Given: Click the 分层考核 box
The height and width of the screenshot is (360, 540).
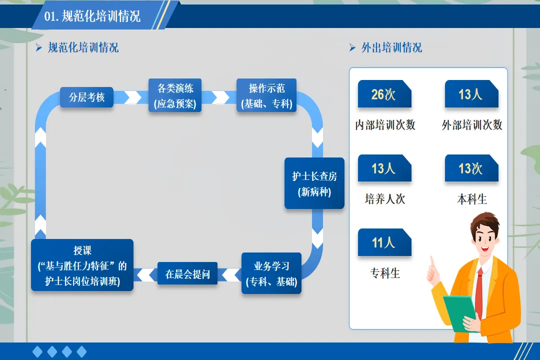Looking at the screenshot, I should [x=87, y=97].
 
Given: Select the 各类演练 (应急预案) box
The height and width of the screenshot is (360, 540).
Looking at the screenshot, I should [x=175, y=95].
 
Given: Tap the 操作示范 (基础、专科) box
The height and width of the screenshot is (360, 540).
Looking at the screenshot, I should [x=267, y=95].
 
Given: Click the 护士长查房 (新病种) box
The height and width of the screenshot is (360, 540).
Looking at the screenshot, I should [x=314, y=183].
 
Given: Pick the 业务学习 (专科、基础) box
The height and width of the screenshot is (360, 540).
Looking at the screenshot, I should [x=271, y=273].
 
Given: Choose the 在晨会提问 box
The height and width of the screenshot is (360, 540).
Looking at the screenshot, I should [x=187, y=274].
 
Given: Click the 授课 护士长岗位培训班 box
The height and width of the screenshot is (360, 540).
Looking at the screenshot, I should [x=82, y=265].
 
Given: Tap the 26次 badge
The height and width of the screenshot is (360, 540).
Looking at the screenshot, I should [x=384, y=94].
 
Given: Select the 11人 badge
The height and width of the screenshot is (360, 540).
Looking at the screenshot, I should [x=384, y=243].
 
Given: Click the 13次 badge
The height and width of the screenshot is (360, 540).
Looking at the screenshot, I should [x=471, y=168].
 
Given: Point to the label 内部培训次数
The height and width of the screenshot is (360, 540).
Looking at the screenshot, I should [x=385, y=125].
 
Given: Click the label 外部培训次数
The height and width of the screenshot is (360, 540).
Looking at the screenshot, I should [x=472, y=125].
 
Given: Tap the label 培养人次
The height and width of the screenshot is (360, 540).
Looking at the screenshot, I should [x=385, y=199].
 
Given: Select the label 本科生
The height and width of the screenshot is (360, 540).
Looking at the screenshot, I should [x=472, y=199].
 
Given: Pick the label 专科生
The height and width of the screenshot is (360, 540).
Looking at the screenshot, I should [x=385, y=273].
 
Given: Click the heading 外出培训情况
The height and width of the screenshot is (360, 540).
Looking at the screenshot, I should [x=391, y=48].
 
